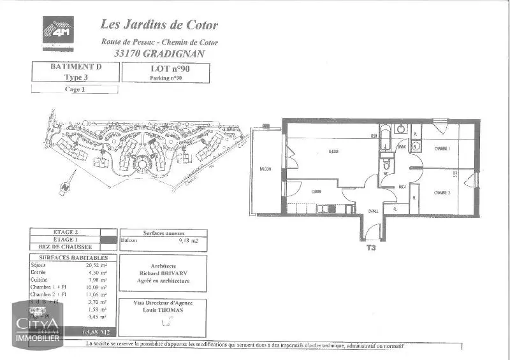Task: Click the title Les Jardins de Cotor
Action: pyautogui.click(x=159, y=25)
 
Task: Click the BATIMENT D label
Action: pyautogui.click(x=75, y=66)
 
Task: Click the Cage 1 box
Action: pyautogui.click(x=75, y=90)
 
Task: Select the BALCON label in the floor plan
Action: pyautogui.click(x=266, y=169)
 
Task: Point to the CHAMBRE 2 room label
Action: pyautogui.click(x=443, y=192)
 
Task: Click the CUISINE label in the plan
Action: pyautogui.click(x=316, y=191)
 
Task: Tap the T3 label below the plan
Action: pyautogui.click(x=370, y=248)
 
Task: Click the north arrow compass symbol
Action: pyautogui.click(x=64, y=188)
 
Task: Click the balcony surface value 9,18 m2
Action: pyautogui.click(x=190, y=241)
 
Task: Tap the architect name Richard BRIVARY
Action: pyautogui.click(x=164, y=273)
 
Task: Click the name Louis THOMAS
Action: pyautogui.click(x=164, y=310)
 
